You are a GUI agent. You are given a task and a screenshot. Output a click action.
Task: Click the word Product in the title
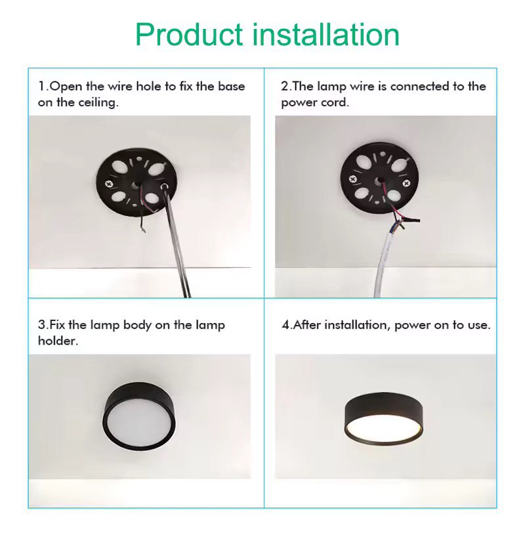[x=189, y=35]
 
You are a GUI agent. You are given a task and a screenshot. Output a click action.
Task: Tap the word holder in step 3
[x=58, y=341]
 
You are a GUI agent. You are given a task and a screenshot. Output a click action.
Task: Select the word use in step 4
[x=479, y=325]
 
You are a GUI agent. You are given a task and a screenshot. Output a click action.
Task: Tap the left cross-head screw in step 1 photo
[x=109, y=184]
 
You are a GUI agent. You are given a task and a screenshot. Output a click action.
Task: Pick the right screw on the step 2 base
[x=406, y=184]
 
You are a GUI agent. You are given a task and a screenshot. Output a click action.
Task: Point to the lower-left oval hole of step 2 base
[x=363, y=194]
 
